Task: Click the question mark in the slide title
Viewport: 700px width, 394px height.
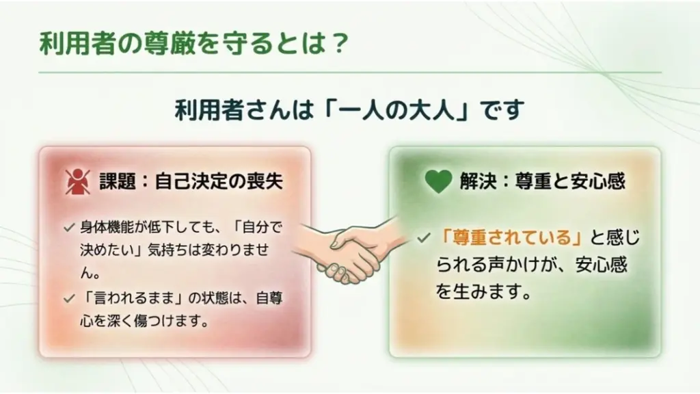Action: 340,43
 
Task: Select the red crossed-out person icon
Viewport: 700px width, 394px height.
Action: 78,181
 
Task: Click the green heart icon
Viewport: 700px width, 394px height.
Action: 438,181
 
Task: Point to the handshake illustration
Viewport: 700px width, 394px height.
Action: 351,249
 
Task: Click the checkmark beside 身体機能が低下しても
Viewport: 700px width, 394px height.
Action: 69,228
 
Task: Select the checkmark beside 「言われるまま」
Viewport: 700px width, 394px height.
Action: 69,298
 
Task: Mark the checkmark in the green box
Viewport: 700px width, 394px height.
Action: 423,237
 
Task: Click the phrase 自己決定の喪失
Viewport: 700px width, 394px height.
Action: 219,181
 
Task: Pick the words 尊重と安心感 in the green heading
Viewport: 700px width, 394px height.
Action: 570,181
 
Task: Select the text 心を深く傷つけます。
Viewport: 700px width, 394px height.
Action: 145,321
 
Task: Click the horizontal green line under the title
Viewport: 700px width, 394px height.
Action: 350,72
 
